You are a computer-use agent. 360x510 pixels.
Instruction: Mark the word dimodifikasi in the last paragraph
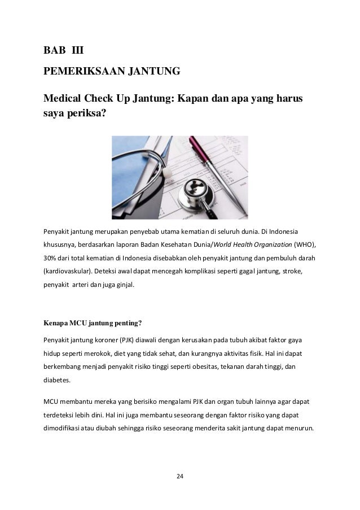(x=63, y=428)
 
